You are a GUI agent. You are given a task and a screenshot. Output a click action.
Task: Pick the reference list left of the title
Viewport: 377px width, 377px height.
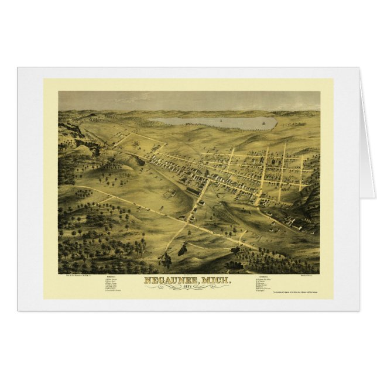tap(115, 286)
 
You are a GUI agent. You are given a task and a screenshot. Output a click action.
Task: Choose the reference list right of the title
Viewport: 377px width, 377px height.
tap(266, 285)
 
